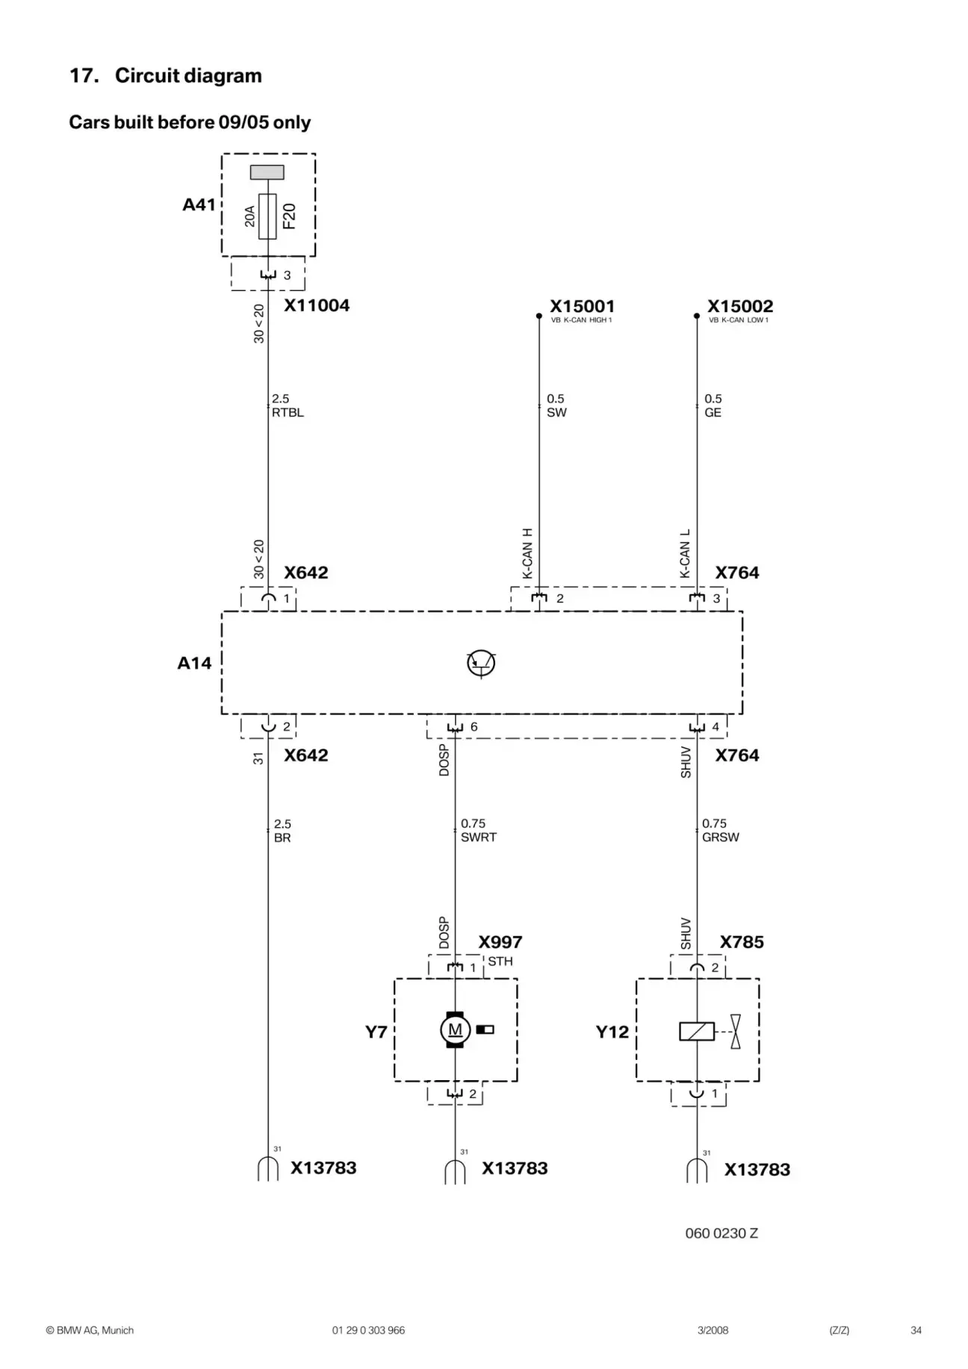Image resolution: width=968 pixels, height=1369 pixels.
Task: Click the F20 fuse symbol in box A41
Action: coord(267,216)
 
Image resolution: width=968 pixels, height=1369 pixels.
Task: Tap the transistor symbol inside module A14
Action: coord(481,663)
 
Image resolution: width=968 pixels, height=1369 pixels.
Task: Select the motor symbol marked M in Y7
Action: coord(455,1030)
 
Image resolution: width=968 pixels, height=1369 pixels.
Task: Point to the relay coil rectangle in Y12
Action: coord(697,1031)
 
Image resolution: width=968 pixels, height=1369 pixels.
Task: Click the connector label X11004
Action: coord(317,305)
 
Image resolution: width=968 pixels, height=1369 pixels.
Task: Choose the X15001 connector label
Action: coord(582,306)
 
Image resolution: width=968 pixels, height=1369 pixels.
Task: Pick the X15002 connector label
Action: coord(740,306)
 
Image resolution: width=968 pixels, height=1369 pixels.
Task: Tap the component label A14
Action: coord(194,663)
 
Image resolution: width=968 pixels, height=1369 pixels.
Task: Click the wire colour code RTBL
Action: coord(288,413)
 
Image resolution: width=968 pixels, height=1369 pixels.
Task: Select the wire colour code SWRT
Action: coord(478,838)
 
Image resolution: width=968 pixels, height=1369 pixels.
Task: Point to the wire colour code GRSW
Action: coord(720,838)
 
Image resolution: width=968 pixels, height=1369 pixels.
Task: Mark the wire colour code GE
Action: coord(713,413)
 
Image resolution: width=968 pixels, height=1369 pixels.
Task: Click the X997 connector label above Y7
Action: coord(500,942)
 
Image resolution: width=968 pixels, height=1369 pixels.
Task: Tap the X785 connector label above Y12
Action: coord(742,942)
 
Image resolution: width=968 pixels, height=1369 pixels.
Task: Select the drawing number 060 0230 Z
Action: coord(722,1233)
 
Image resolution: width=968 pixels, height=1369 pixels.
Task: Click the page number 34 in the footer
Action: coord(916,1330)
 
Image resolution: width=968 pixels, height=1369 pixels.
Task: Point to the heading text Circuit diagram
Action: coord(188,75)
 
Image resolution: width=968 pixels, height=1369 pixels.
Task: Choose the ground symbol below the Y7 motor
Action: coord(455,1172)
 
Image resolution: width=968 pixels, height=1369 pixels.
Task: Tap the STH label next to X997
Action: coord(500,961)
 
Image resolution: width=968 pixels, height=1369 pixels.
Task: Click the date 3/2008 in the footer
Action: coord(713,1330)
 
